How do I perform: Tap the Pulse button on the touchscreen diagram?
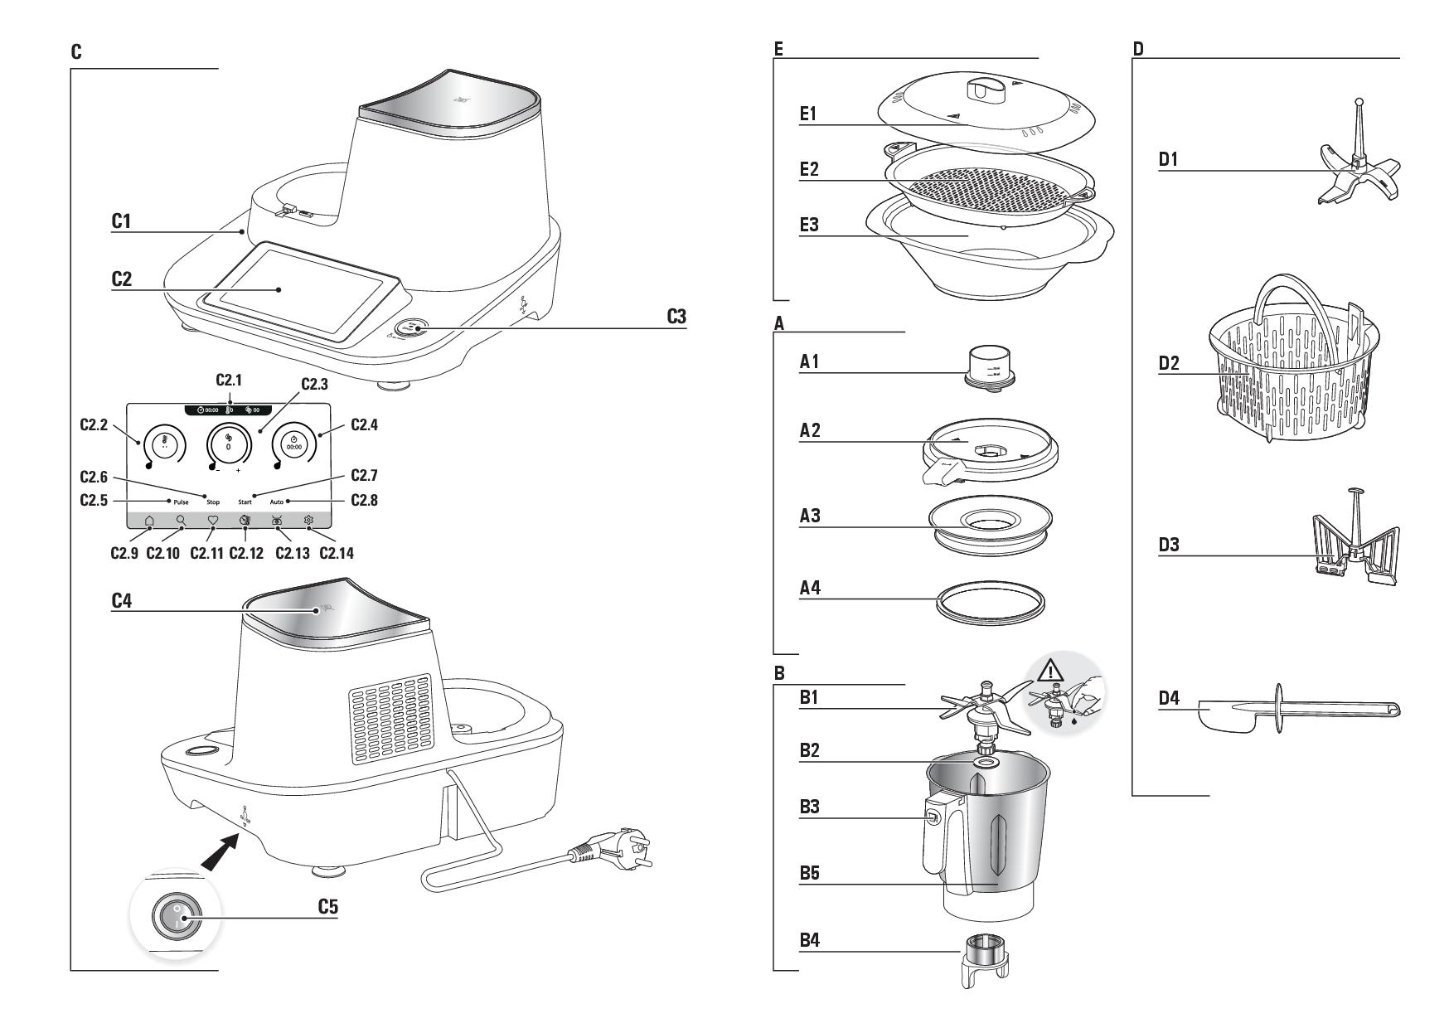coord(181,502)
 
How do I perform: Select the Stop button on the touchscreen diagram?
coord(213,502)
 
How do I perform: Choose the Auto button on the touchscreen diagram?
coord(276,502)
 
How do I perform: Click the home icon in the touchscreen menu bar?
coord(149,521)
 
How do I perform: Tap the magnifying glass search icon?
coord(181,521)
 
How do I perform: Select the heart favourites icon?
coord(212,521)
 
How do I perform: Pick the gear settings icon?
coord(308,521)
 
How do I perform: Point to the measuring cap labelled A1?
coord(987,365)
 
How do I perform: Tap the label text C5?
coord(328,907)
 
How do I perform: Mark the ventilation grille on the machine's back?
coord(390,718)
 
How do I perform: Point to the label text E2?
coord(809,170)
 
